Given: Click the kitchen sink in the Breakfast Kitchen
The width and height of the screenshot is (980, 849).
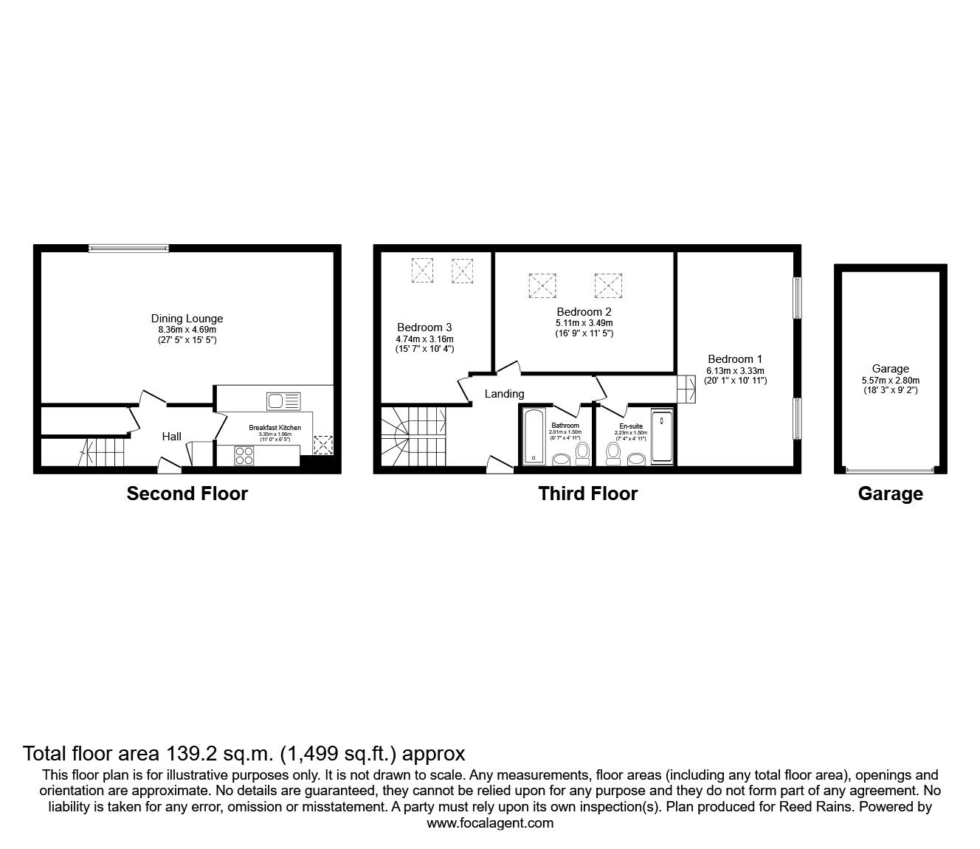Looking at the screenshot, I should pyautogui.click(x=284, y=401).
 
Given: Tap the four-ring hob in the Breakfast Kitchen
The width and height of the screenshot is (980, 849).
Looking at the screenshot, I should pyautogui.click(x=244, y=456).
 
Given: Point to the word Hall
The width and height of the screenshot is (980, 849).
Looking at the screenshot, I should pyautogui.click(x=172, y=437).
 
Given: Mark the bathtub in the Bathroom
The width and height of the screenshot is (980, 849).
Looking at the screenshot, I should pyautogui.click(x=533, y=437).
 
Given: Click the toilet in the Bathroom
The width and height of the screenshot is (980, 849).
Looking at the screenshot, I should pyautogui.click(x=582, y=452).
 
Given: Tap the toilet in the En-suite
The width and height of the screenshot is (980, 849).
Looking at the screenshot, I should pyautogui.click(x=612, y=453).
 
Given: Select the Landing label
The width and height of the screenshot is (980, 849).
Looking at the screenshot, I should pyautogui.click(x=504, y=394).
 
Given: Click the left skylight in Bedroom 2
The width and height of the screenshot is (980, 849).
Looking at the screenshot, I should pyautogui.click(x=542, y=285).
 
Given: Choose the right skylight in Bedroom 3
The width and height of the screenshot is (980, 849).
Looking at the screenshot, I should pyautogui.click(x=462, y=270).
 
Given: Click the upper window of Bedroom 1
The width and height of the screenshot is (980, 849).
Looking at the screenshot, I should pyautogui.click(x=797, y=298).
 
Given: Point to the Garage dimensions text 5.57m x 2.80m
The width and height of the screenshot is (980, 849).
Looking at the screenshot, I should pyautogui.click(x=890, y=380).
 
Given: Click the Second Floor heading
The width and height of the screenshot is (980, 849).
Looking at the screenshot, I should pyautogui.click(x=187, y=493).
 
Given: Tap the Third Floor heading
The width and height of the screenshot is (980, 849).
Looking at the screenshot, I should pyautogui.click(x=587, y=493).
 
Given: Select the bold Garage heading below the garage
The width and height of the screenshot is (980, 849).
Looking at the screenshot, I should pyautogui.click(x=890, y=493).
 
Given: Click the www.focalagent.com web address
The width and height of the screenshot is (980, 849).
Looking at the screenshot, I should pyautogui.click(x=490, y=823).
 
